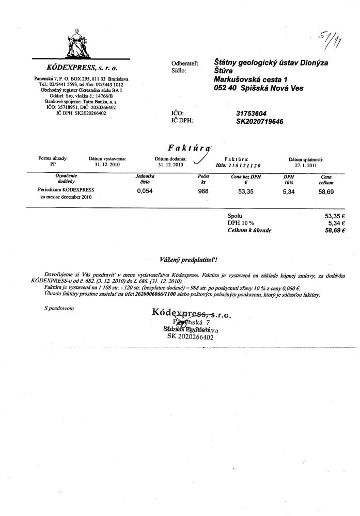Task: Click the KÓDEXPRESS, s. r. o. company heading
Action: (x=82, y=68)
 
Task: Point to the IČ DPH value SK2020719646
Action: (x=260, y=121)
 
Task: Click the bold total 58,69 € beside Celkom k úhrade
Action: (x=335, y=231)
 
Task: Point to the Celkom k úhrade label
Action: (x=249, y=231)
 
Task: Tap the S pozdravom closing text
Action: (x=60, y=308)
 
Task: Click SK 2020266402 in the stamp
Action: (x=190, y=336)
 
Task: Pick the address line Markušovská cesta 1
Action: (x=251, y=79)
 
